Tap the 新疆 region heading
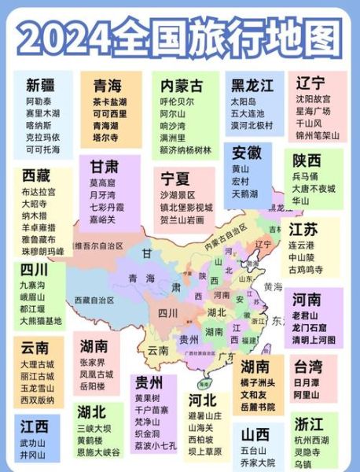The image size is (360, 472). (41, 85)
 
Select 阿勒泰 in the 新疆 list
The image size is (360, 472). (42, 101)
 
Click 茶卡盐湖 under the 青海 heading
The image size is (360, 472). (110, 101)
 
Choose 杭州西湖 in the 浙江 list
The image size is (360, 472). (313, 442)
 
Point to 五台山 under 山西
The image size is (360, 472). (255, 452)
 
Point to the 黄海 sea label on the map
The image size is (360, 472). (274, 286)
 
